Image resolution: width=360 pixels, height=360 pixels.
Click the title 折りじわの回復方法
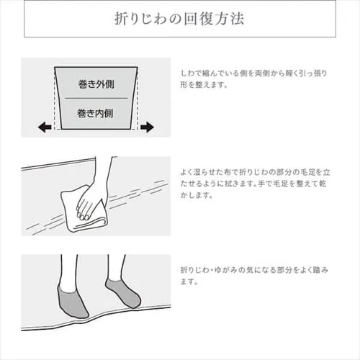coord(179,19)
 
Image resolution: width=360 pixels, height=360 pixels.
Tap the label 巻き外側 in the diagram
coord(96,84)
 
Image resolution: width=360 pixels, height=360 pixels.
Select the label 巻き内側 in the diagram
coord(96,112)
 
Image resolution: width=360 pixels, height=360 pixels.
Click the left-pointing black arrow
coord(45,127)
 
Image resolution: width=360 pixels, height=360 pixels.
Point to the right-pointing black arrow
coord(147,127)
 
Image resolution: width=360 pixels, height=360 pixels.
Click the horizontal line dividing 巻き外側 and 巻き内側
coord(96,97)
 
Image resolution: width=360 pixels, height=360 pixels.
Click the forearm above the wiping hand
coord(104,173)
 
